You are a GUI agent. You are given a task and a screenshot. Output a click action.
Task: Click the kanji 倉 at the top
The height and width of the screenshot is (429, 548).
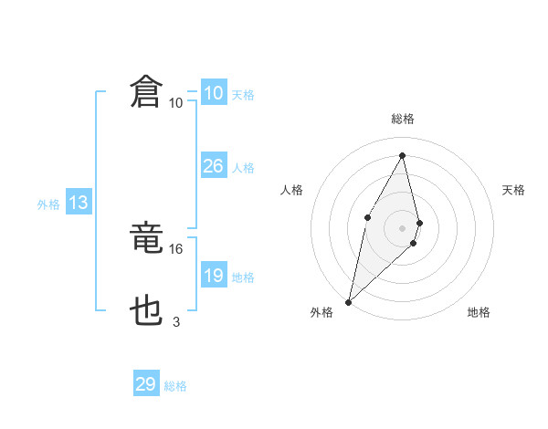pyautogui.click(x=146, y=93)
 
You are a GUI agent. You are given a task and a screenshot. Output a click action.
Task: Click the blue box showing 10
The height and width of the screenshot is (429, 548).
pyautogui.click(x=213, y=93)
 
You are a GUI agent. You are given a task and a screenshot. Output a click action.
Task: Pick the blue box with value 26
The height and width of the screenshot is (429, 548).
pyautogui.click(x=213, y=166)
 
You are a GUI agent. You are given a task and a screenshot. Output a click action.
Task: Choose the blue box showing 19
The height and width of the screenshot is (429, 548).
pyautogui.click(x=213, y=276)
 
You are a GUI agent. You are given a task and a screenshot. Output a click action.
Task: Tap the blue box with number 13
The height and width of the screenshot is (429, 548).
pyautogui.click(x=79, y=203)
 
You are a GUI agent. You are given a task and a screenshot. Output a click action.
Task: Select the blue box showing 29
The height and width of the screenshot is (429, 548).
pyautogui.click(x=146, y=384)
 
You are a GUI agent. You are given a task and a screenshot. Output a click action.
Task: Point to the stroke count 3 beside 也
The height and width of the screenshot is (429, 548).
pyautogui.click(x=176, y=321)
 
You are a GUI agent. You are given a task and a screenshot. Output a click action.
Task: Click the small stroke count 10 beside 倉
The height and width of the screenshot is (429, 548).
pyautogui.click(x=175, y=102)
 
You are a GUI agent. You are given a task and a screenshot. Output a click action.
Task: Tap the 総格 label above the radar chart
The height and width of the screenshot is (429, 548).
pyautogui.click(x=403, y=119)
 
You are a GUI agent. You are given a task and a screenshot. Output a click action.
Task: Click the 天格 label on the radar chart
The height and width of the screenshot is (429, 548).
pyautogui.click(x=514, y=190)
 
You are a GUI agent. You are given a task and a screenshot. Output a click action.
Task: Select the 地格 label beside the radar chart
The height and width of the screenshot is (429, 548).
pyautogui.click(x=479, y=312)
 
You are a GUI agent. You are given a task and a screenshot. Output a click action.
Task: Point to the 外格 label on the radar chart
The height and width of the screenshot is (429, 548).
pyautogui.click(x=321, y=312)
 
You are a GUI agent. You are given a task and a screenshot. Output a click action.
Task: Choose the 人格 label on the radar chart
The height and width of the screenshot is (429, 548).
pyautogui.click(x=291, y=190)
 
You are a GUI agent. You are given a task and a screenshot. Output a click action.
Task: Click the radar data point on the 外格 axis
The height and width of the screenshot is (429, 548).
pyautogui.click(x=349, y=301)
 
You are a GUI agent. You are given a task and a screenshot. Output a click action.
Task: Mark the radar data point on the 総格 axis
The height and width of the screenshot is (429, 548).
pyautogui.click(x=403, y=154)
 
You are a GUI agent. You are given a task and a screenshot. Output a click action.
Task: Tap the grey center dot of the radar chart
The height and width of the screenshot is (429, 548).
pyautogui.click(x=403, y=227)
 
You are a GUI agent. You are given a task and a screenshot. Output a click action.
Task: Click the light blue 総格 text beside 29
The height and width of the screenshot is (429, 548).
pyautogui.click(x=175, y=386)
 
